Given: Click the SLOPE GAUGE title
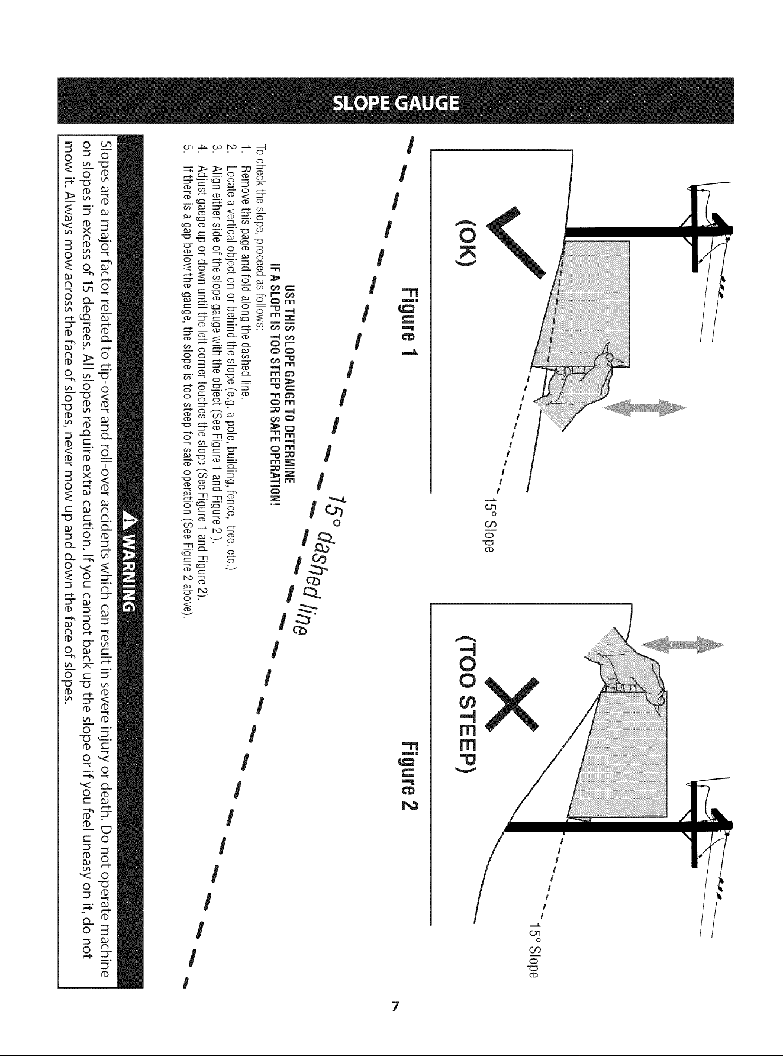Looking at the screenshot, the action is tap(397, 104).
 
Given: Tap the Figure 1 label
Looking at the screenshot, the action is tap(410, 322).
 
